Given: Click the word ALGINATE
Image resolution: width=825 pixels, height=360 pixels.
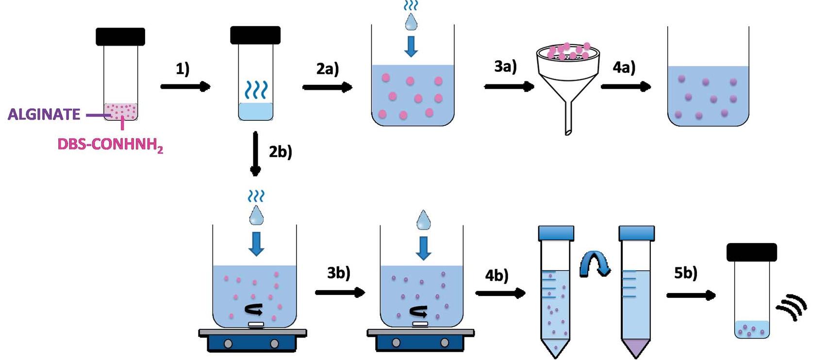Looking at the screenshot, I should click(x=44, y=115).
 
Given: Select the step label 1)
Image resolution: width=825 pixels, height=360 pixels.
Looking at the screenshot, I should click(x=183, y=69).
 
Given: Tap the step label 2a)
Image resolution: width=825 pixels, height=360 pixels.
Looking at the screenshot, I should click(x=328, y=69).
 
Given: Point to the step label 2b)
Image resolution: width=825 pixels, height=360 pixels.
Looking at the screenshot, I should click(x=280, y=152).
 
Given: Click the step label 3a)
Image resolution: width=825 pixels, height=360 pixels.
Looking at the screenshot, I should click(x=505, y=66).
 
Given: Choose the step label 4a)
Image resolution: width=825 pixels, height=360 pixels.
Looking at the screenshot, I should click(x=624, y=67).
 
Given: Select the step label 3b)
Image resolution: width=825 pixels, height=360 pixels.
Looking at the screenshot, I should click(x=338, y=273).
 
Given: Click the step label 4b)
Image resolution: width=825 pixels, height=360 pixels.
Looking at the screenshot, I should click(x=496, y=276).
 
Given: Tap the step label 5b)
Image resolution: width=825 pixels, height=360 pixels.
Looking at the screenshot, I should click(x=686, y=273).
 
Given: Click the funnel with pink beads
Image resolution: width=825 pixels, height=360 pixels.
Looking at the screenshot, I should click(x=567, y=73).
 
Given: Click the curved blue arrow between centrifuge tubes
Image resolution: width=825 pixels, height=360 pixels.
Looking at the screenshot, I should click(x=595, y=265).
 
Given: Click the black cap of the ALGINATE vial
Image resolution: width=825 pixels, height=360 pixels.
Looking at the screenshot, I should click(x=120, y=37).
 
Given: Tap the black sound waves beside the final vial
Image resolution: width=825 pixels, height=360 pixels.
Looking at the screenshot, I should click(x=792, y=307).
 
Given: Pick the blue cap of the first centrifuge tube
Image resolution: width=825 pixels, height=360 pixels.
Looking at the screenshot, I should click(x=556, y=233).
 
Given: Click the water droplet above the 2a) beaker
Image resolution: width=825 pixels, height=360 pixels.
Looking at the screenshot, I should click(x=411, y=21).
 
